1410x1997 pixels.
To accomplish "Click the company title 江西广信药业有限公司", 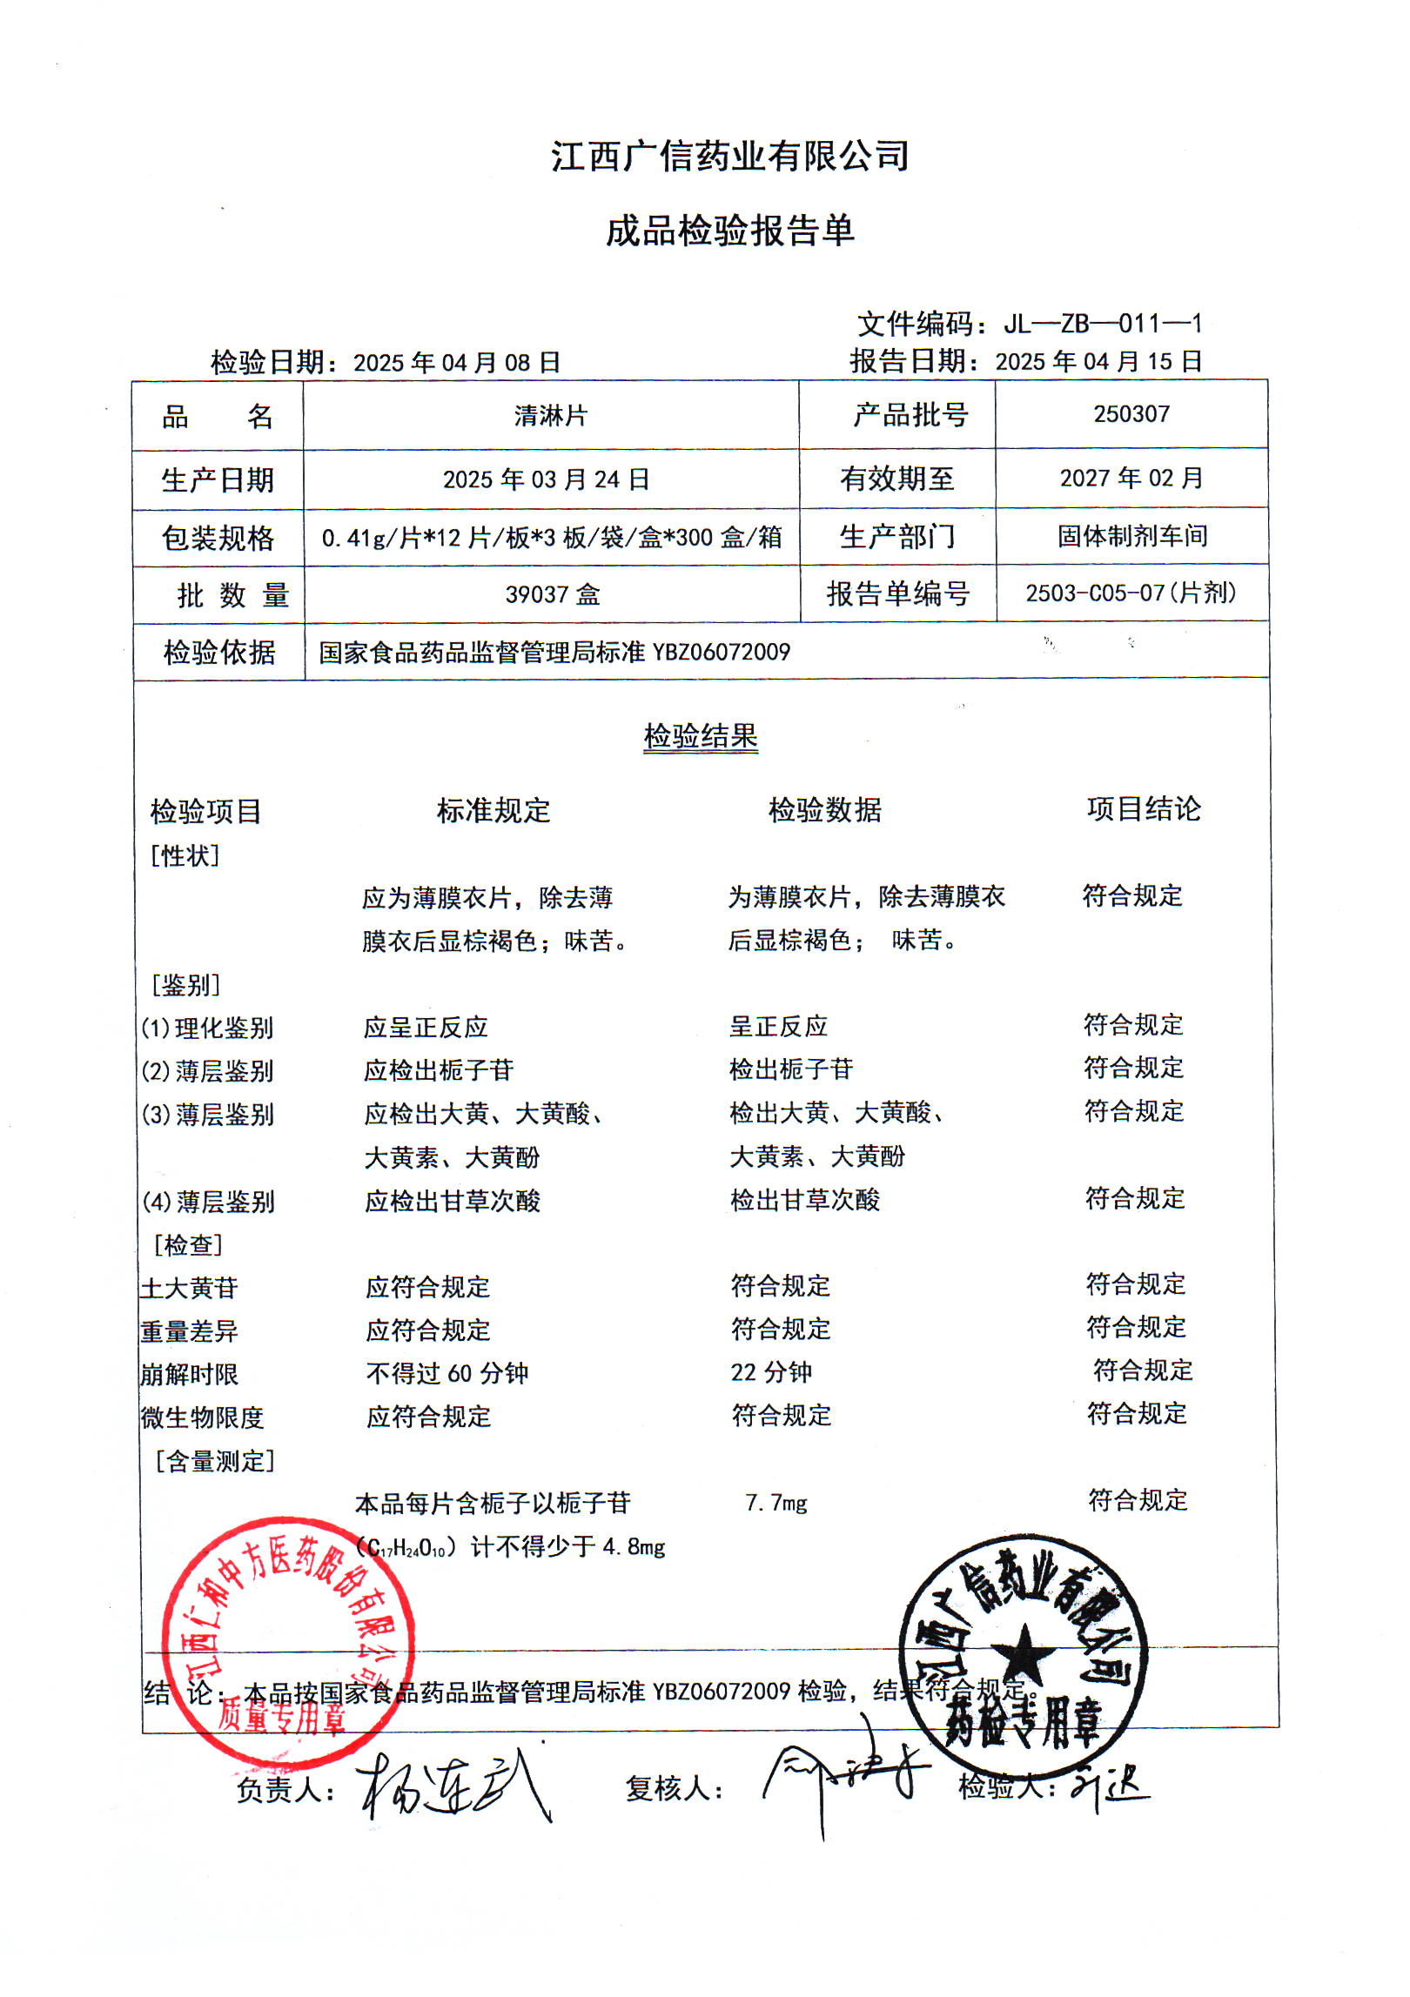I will point(729,157).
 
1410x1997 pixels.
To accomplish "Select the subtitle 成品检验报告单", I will point(729,231).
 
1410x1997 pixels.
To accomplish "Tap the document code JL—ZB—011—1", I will point(1102,325).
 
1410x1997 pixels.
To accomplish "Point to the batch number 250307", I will point(1131,414).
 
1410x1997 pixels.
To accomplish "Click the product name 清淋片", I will point(550,416).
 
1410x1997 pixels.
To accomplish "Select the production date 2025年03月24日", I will point(546,479).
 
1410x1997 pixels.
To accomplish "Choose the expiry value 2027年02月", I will point(1131,478).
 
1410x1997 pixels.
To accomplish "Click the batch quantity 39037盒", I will point(553,595).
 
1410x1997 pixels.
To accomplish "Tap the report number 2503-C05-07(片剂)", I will point(1131,593).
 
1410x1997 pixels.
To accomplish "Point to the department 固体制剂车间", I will point(1131,536).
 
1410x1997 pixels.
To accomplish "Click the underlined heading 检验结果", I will point(701,736).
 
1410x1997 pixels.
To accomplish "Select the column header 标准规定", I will point(493,810).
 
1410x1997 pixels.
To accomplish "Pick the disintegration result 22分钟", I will point(771,1372).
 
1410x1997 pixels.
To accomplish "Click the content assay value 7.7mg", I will point(776,1503).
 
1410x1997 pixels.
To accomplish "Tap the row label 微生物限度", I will point(202,1417).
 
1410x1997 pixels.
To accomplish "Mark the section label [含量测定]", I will point(215,1461).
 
